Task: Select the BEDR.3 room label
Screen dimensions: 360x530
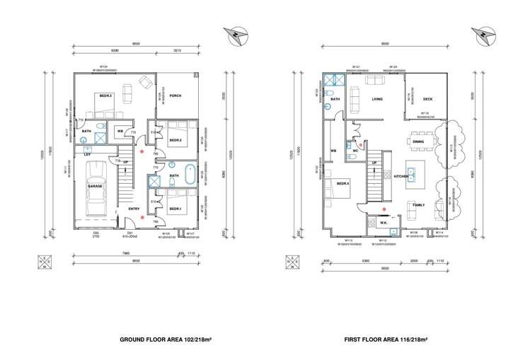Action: point(105,95)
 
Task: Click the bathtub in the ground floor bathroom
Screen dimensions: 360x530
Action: point(190,180)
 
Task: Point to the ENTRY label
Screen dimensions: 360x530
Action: point(134,209)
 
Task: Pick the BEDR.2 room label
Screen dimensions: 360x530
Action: point(175,140)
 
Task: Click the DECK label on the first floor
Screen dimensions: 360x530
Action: point(427,99)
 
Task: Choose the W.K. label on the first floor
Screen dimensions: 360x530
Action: point(383,222)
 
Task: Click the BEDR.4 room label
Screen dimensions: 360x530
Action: point(343,183)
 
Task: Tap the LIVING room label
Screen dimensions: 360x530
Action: point(377,99)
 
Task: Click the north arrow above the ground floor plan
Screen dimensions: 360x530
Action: point(234,35)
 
